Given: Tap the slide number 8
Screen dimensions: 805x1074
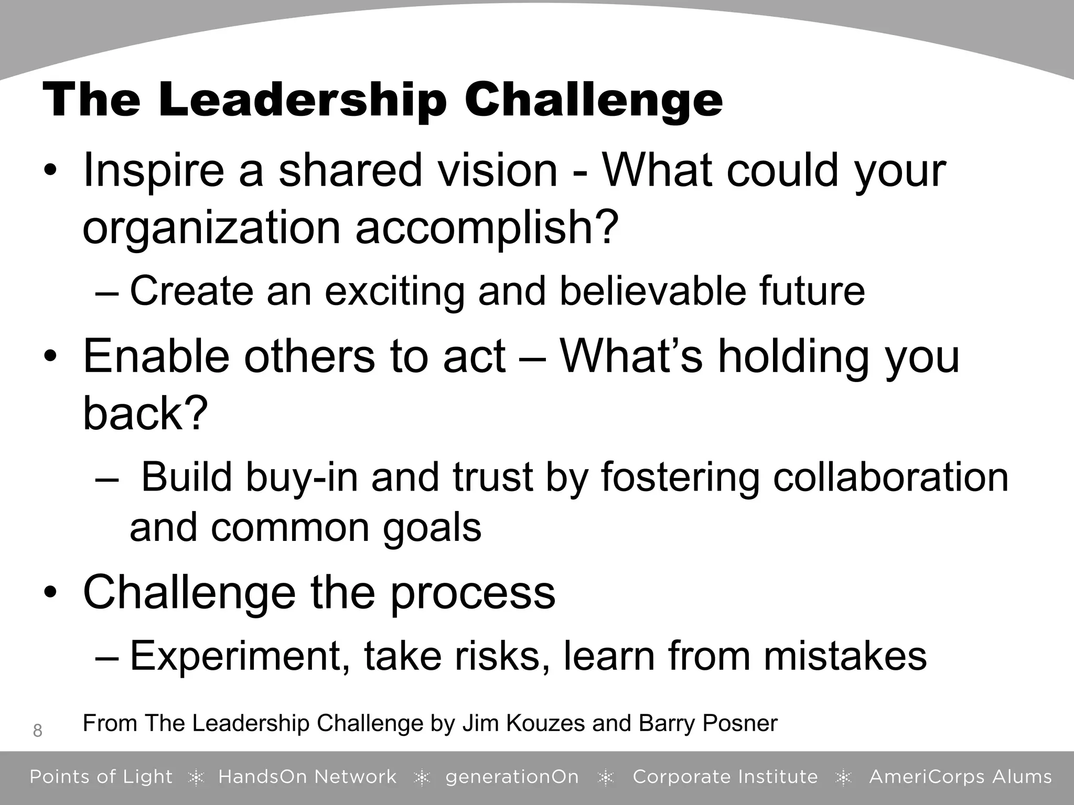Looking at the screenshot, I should tap(37, 730).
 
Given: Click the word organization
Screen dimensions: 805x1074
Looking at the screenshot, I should tap(212, 229).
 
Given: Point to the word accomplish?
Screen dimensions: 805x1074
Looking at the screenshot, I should tap(487, 229).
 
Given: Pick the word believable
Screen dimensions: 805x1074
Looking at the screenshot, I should tap(653, 291).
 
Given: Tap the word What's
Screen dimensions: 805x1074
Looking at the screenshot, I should tap(631, 357).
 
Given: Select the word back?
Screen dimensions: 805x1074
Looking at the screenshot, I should tap(145, 414).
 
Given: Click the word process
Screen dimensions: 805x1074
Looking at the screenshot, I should tap(472, 593).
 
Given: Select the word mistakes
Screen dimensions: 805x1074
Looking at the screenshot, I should tap(845, 656).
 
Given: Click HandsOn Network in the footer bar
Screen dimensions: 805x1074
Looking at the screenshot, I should tap(307, 777).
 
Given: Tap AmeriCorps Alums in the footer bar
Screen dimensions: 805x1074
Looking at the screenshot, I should tap(960, 777).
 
